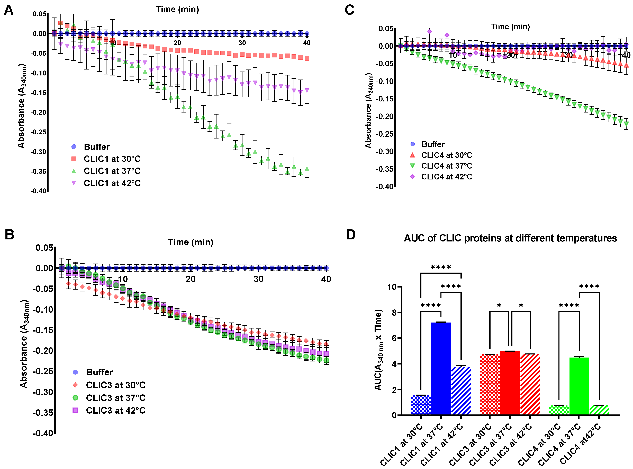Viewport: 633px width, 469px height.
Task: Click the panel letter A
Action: [x=9, y=10]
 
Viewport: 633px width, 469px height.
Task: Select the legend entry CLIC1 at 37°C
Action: [x=112, y=171]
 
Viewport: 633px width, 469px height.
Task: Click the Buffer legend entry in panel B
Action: [x=99, y=372]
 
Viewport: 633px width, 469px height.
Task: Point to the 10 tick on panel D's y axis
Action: [x=392, y=287]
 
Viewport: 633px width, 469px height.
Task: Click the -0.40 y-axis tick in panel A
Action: [x=39, y=191]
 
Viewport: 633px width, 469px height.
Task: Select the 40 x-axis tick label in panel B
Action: [x=326, y=279]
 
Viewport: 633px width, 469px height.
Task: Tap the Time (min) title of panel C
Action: [x=510, y=27]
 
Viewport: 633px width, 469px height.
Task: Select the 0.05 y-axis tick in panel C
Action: [x=386, y=29]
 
